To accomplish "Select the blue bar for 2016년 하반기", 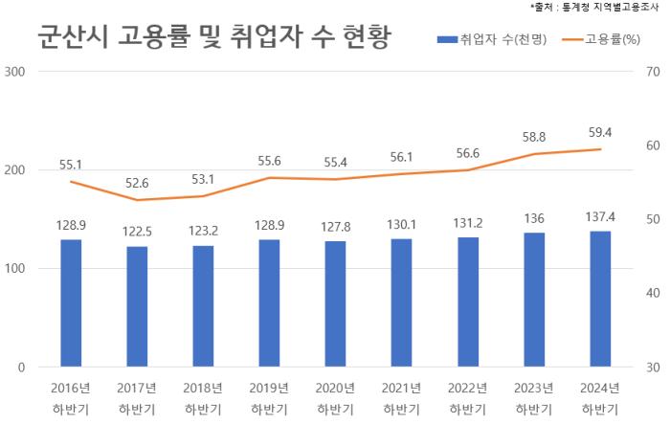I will pos(71,302).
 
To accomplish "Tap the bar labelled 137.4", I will pos(600,299).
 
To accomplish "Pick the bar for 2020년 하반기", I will pos(335,303).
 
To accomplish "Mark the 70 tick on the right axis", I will pos(655,72).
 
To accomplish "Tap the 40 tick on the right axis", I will pos(655,293).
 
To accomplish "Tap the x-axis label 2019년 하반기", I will pos(269,398).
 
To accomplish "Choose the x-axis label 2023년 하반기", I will pos(534,398).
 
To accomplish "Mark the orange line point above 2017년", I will pos(137,200).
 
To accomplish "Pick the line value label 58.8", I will pos(534,137).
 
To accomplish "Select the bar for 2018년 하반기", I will pos(203,306).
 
